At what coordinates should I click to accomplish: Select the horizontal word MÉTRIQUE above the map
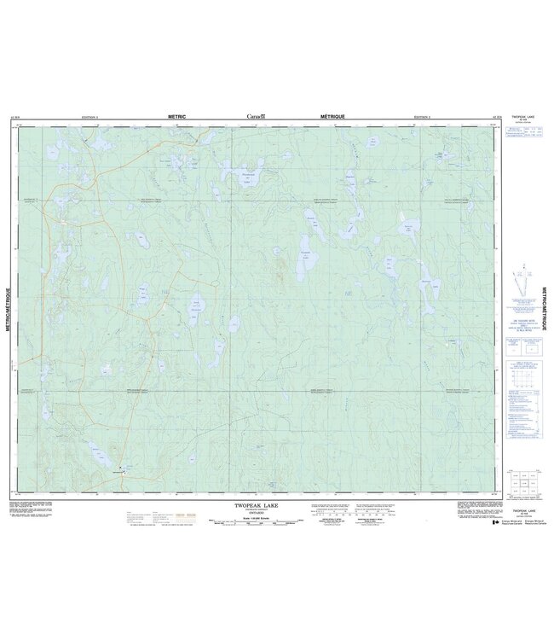333,115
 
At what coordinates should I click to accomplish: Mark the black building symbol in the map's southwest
121,468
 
